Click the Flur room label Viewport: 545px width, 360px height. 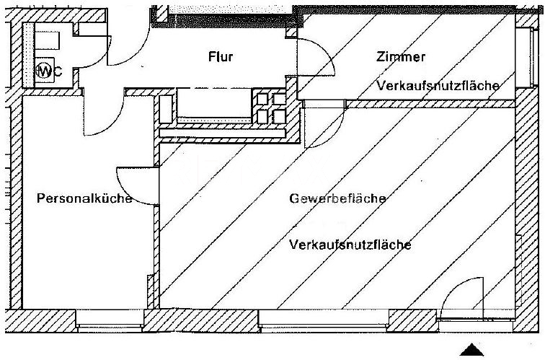click(221, 57)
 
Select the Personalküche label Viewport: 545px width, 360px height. click(84, 199)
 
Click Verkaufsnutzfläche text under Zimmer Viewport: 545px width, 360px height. click(438, 86)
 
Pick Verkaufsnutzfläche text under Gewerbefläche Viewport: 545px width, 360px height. click(350, 245)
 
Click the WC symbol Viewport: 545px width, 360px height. click(44, 71)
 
